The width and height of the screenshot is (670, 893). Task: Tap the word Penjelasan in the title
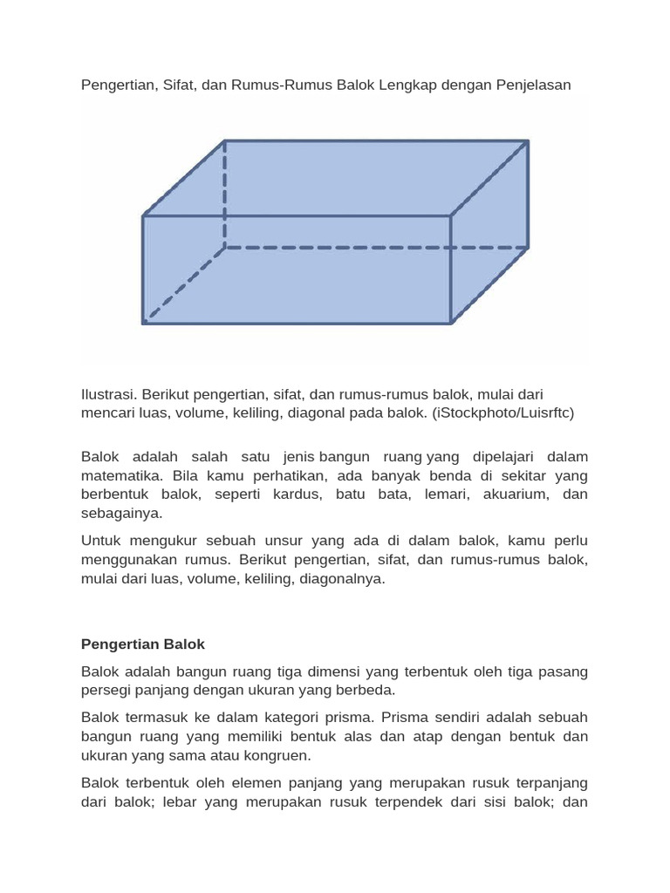(530, 85)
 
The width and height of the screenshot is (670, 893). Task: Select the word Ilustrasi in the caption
(108, 395)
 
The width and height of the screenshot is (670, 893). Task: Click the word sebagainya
(121, 514)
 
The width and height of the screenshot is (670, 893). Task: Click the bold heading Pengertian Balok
(143, 644)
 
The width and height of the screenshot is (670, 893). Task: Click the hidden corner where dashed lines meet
(225, 248)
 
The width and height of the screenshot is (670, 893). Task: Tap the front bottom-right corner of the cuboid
(450, 324)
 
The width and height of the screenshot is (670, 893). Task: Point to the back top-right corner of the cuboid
(528, 140)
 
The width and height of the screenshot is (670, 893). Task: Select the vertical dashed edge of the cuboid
(225, 194)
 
